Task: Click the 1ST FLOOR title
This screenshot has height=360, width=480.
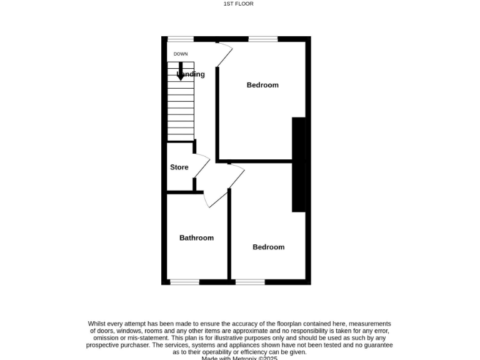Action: [x=238, y=4]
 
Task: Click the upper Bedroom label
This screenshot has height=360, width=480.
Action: [x=262, y=85]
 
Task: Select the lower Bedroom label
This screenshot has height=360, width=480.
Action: [x=268, y=247]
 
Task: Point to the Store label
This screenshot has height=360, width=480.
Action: [x=179, y=167]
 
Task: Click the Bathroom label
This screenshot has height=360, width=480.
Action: [x=196, y=237]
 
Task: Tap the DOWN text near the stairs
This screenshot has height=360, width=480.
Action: [x=181, y=54]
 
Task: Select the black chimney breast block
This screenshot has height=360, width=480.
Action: [x=300, y=164]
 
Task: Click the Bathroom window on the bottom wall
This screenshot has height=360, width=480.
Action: [x=184, y=282]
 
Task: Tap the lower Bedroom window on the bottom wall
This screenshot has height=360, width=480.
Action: [x=250, y=282]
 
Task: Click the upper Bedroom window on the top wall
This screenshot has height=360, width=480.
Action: [x=263, y=39]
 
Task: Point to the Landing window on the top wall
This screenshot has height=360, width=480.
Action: [x=180, y=39]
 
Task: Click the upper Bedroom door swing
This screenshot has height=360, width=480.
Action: [x=224, y=54]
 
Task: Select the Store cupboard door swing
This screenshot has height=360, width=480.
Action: [x=202, y=166]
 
